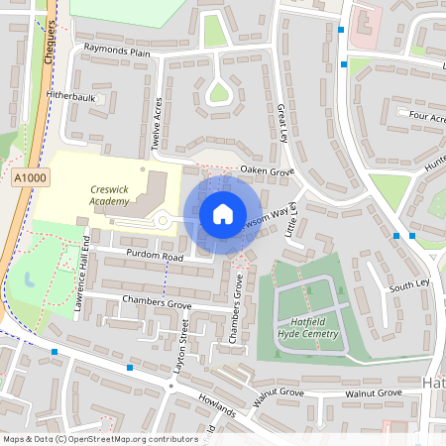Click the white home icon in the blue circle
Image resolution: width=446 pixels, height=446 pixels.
(x=223, y=214)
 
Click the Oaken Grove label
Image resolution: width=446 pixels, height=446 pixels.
(x=268, y=171)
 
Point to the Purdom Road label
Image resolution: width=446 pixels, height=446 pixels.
(x=148, y=257)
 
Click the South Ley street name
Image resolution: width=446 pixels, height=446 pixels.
(x=407, y=285)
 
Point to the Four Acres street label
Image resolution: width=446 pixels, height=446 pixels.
(x=425, y=117)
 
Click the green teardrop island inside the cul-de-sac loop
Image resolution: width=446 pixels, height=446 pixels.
(x=219, y=94)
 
